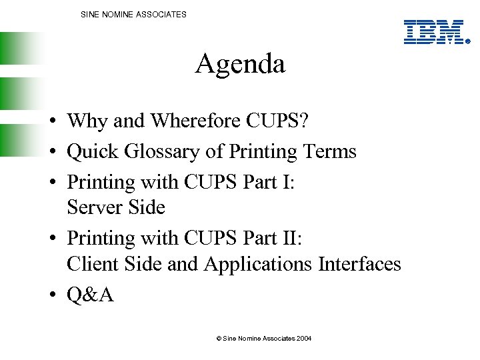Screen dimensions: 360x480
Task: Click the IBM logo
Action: tap(434, 32)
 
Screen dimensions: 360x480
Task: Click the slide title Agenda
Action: tap(240, 65)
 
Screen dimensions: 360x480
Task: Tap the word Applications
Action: tap(259, 264)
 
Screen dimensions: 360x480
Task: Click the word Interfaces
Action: tap(359, 264)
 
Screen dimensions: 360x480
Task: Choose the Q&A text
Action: tap(90, 294)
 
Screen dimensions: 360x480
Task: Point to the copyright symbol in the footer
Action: tap(219, 339)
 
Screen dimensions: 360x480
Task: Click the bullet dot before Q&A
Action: tap(51, 295)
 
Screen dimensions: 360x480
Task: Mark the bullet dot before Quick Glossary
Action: tap(51, 152)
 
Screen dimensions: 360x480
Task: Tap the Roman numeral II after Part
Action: tap(293, 237)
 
